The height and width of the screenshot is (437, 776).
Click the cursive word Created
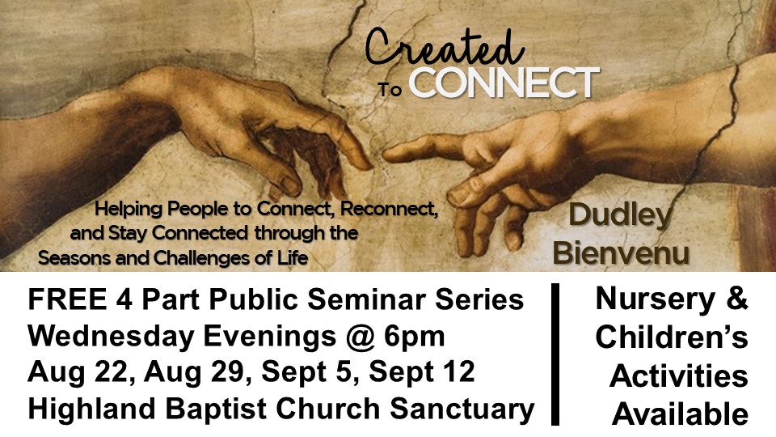(444, 48)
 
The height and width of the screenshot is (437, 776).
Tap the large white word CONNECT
(504, 83)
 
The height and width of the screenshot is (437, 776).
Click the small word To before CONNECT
(390, 90)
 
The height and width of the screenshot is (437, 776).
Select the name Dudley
(621, 216)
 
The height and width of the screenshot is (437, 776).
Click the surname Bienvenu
(621, 252)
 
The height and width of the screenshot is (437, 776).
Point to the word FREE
(67, 299)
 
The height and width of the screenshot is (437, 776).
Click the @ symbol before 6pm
(361, 337)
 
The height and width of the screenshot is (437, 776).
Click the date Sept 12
(422, 373)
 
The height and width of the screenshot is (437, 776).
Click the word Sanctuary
(462, 410)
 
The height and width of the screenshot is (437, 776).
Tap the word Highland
(91, 410)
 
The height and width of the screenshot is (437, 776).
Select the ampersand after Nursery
(736, 299)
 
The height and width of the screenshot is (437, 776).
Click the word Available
(680, 414)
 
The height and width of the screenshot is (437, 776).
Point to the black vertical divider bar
(555, 354)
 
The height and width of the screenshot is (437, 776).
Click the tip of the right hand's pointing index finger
(386, 154)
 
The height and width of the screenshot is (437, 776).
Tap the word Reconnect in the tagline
(389, 209)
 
